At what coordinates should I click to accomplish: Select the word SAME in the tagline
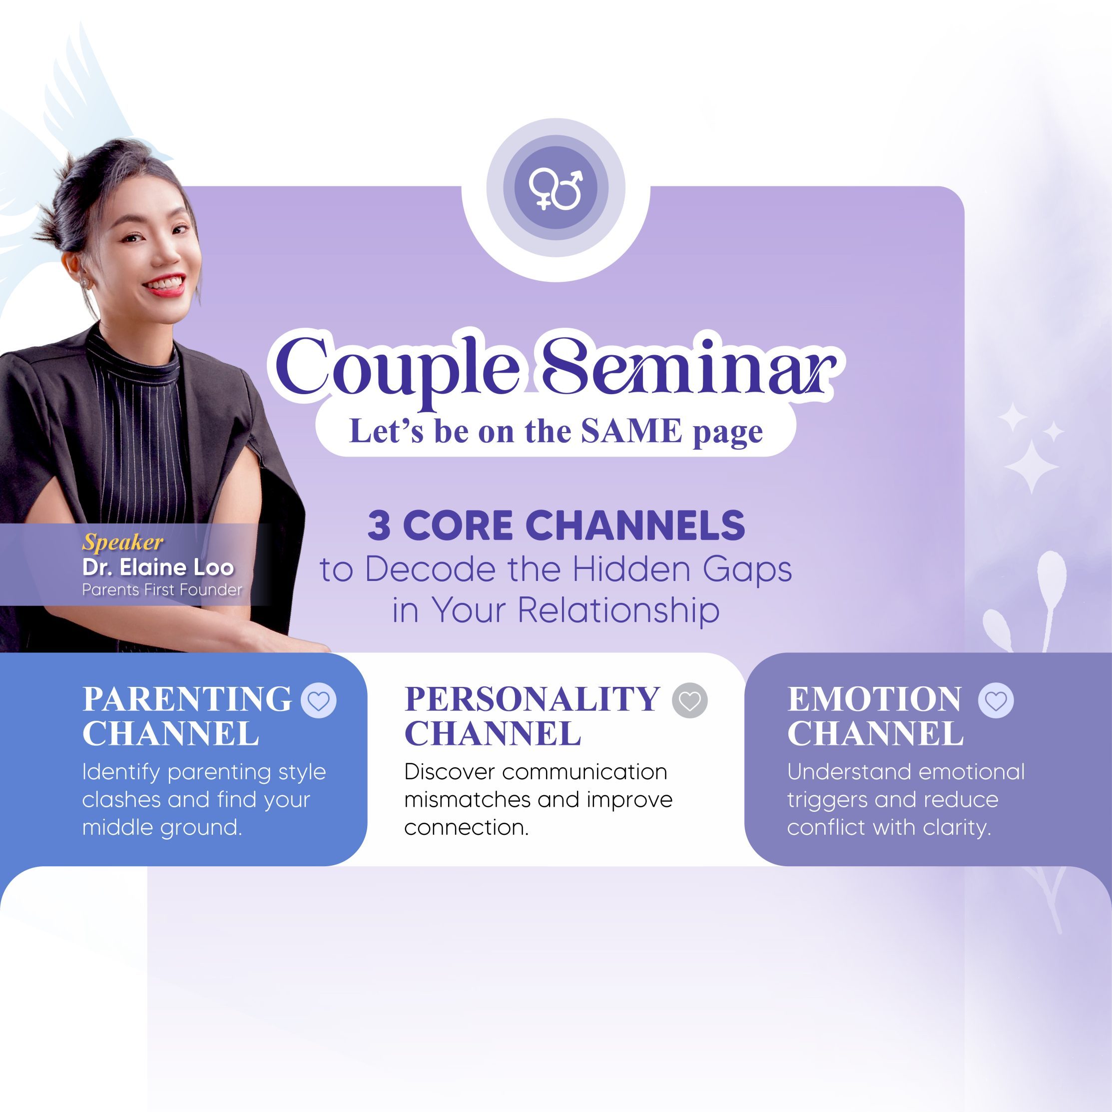pos(631,431)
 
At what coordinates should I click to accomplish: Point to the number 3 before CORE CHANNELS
pos(379,525)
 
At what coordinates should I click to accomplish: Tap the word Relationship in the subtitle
pos(619,610)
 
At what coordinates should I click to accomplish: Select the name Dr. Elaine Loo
pos(158,567)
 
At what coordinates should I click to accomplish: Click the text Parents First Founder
pos(162,590)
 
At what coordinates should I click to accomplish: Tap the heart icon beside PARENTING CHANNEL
pos(319,700)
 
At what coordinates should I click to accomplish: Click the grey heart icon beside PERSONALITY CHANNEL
pos(689,700)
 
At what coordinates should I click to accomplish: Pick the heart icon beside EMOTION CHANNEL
pos(996,700)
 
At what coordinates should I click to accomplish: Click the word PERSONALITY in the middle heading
pos(533,699)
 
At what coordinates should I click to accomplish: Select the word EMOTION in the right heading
pos(874,699)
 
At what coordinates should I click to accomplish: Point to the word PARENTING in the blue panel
pos(187,699)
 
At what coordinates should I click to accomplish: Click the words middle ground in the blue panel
pos(162,827)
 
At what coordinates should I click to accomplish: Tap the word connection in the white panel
pos(466,828)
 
